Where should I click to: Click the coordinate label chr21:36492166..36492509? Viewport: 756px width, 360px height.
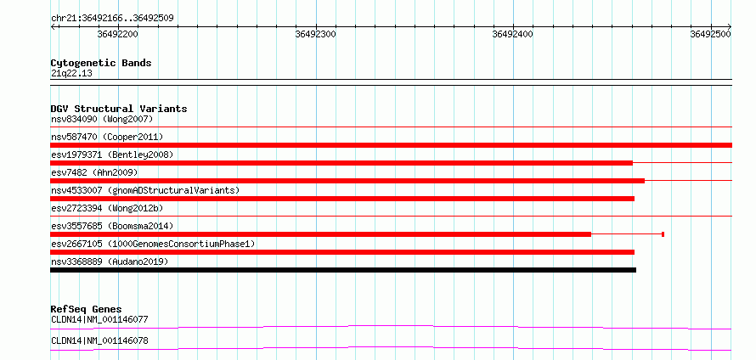point(112,19)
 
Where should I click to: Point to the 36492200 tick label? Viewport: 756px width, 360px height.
point(117,34)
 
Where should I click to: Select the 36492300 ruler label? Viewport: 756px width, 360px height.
point(316,34)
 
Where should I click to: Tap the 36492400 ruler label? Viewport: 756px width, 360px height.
point(513,34)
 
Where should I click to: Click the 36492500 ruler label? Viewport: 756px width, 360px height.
point(711,34)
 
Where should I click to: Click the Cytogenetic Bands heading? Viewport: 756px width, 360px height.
point(101,63)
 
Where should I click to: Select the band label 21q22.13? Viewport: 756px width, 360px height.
point(71,74)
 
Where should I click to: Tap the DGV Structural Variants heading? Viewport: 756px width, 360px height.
point(119,109)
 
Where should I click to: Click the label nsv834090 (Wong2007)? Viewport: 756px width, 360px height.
point(102,119)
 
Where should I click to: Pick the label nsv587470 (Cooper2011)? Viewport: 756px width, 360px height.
point(107,137)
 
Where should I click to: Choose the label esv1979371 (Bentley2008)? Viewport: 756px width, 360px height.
point(112,155)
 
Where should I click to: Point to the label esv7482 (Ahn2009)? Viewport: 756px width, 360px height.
point(94,172)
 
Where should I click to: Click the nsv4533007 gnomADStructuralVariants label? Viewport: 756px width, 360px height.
point(145,190)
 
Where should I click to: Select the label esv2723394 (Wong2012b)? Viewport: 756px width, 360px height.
point(107,208)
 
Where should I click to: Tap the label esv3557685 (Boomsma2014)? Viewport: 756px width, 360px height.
point(112,226)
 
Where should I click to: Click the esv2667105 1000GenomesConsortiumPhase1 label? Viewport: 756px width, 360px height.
point(153,244)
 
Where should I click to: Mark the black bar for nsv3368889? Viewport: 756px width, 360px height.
point(343,270)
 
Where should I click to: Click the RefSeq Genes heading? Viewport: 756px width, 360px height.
point(87,309)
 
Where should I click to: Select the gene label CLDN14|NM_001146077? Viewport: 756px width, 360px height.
point(99,319)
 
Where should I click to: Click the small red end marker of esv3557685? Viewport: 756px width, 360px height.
point(663,234)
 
